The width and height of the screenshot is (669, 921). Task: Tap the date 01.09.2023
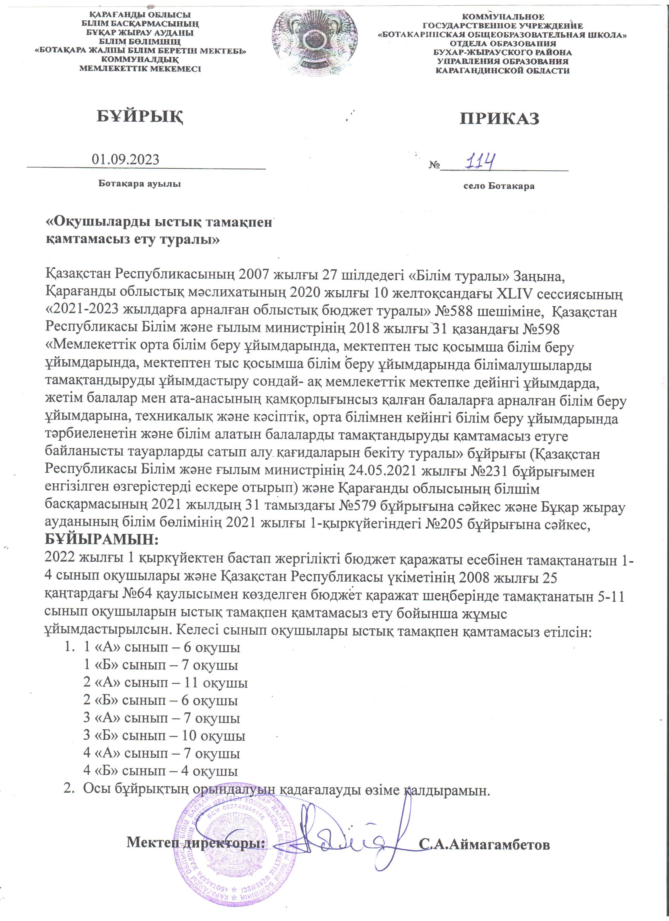pyautogui.click(x=125, y=159)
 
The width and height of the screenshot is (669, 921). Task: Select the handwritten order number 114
pyautogui.click(x=480, y=162)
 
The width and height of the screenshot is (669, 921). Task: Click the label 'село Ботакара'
pyautogui.click(x=499, y=186)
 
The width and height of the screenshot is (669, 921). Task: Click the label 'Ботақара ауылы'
pyautogui.click(x=140, y=184)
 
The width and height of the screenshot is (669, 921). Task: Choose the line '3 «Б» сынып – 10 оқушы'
pyautogui.click(x=164, y=735)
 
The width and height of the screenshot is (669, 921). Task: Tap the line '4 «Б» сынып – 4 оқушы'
pyautogui.click(x=160, y=770)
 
